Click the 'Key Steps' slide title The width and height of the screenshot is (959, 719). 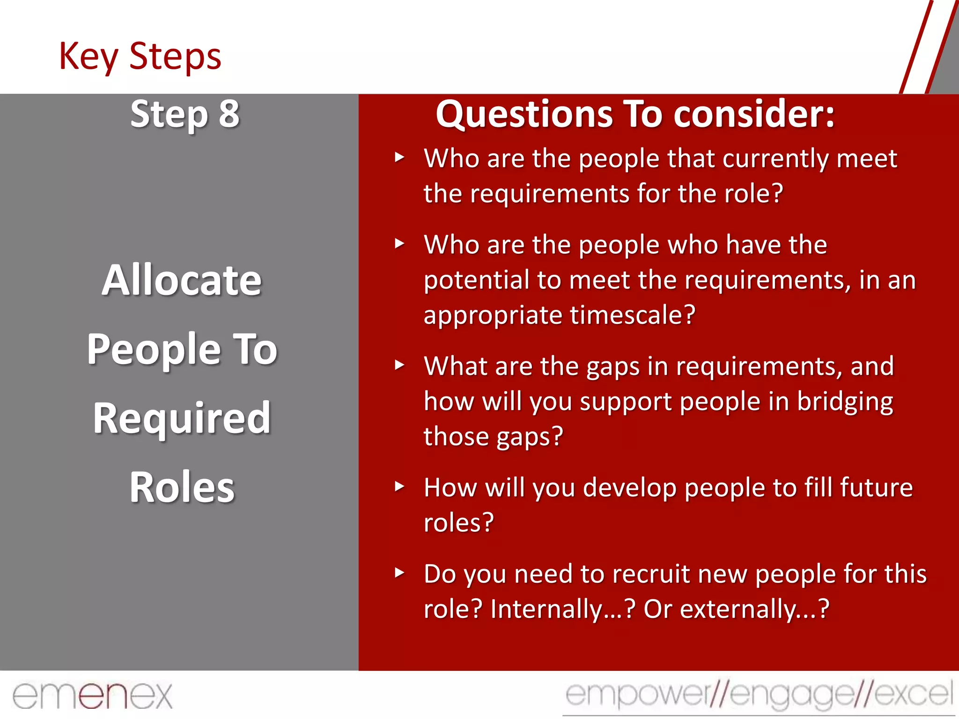(x=140, y=56)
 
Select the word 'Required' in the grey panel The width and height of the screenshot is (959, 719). (x=182, y=418)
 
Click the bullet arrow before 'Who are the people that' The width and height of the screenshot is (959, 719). (x=399, y=157)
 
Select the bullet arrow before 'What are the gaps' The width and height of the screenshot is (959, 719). (x=399, y=365)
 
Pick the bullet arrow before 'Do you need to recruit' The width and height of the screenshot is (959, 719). (x=399, y=572)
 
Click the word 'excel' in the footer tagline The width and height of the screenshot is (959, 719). (x=913, y=694)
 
